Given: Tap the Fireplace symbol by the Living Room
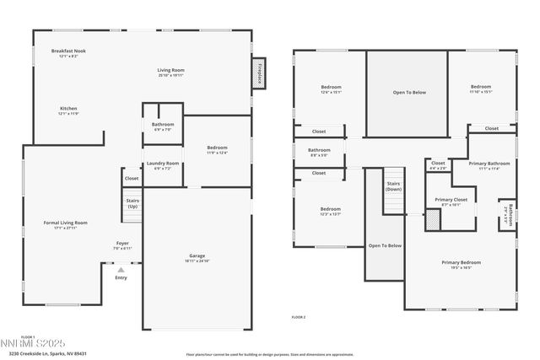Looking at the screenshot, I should point(259,73).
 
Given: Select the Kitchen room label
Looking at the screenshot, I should point(68,110).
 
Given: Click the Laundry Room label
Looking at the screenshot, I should point(163,165).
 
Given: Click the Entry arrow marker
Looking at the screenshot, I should point(121,270).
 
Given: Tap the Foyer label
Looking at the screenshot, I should point(122,245).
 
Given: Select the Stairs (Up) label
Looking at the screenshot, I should point(132,204).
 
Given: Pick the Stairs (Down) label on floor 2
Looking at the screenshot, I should point(394,185).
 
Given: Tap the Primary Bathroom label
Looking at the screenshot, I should point(483,165).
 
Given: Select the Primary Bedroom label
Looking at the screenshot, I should point(462,264).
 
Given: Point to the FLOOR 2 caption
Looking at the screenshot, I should point(299,316).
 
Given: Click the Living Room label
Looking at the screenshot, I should point(170,72).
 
